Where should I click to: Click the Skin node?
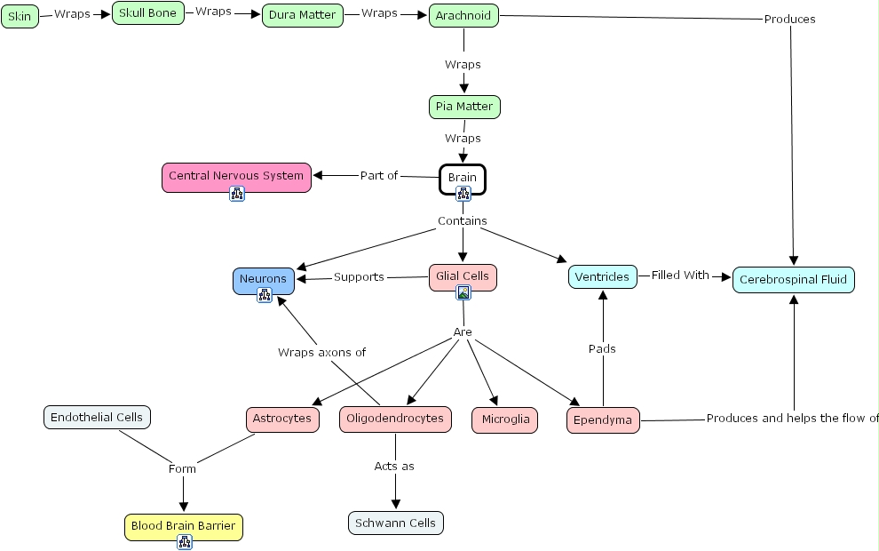point(20,16)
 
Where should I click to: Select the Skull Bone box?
point(147,13)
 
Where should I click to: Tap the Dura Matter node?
point(302,15)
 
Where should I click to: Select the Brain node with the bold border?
point(463,178)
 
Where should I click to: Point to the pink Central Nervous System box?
point(236,176)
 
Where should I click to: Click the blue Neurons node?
point(264,279)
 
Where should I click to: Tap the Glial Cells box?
point(463,276)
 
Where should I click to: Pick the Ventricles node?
point(602,276)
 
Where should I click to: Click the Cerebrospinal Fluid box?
point(794,280)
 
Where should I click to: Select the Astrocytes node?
point(282,419)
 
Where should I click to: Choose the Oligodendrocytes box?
point(395,419)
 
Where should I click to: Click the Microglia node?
point(504,419)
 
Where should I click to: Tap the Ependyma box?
point(603,419)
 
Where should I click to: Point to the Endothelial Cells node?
point(97,417)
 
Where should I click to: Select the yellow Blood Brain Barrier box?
point(184,526)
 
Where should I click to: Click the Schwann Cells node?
point(395,523)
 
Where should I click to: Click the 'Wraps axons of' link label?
point(321,353)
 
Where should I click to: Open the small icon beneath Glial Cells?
point(463,293)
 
